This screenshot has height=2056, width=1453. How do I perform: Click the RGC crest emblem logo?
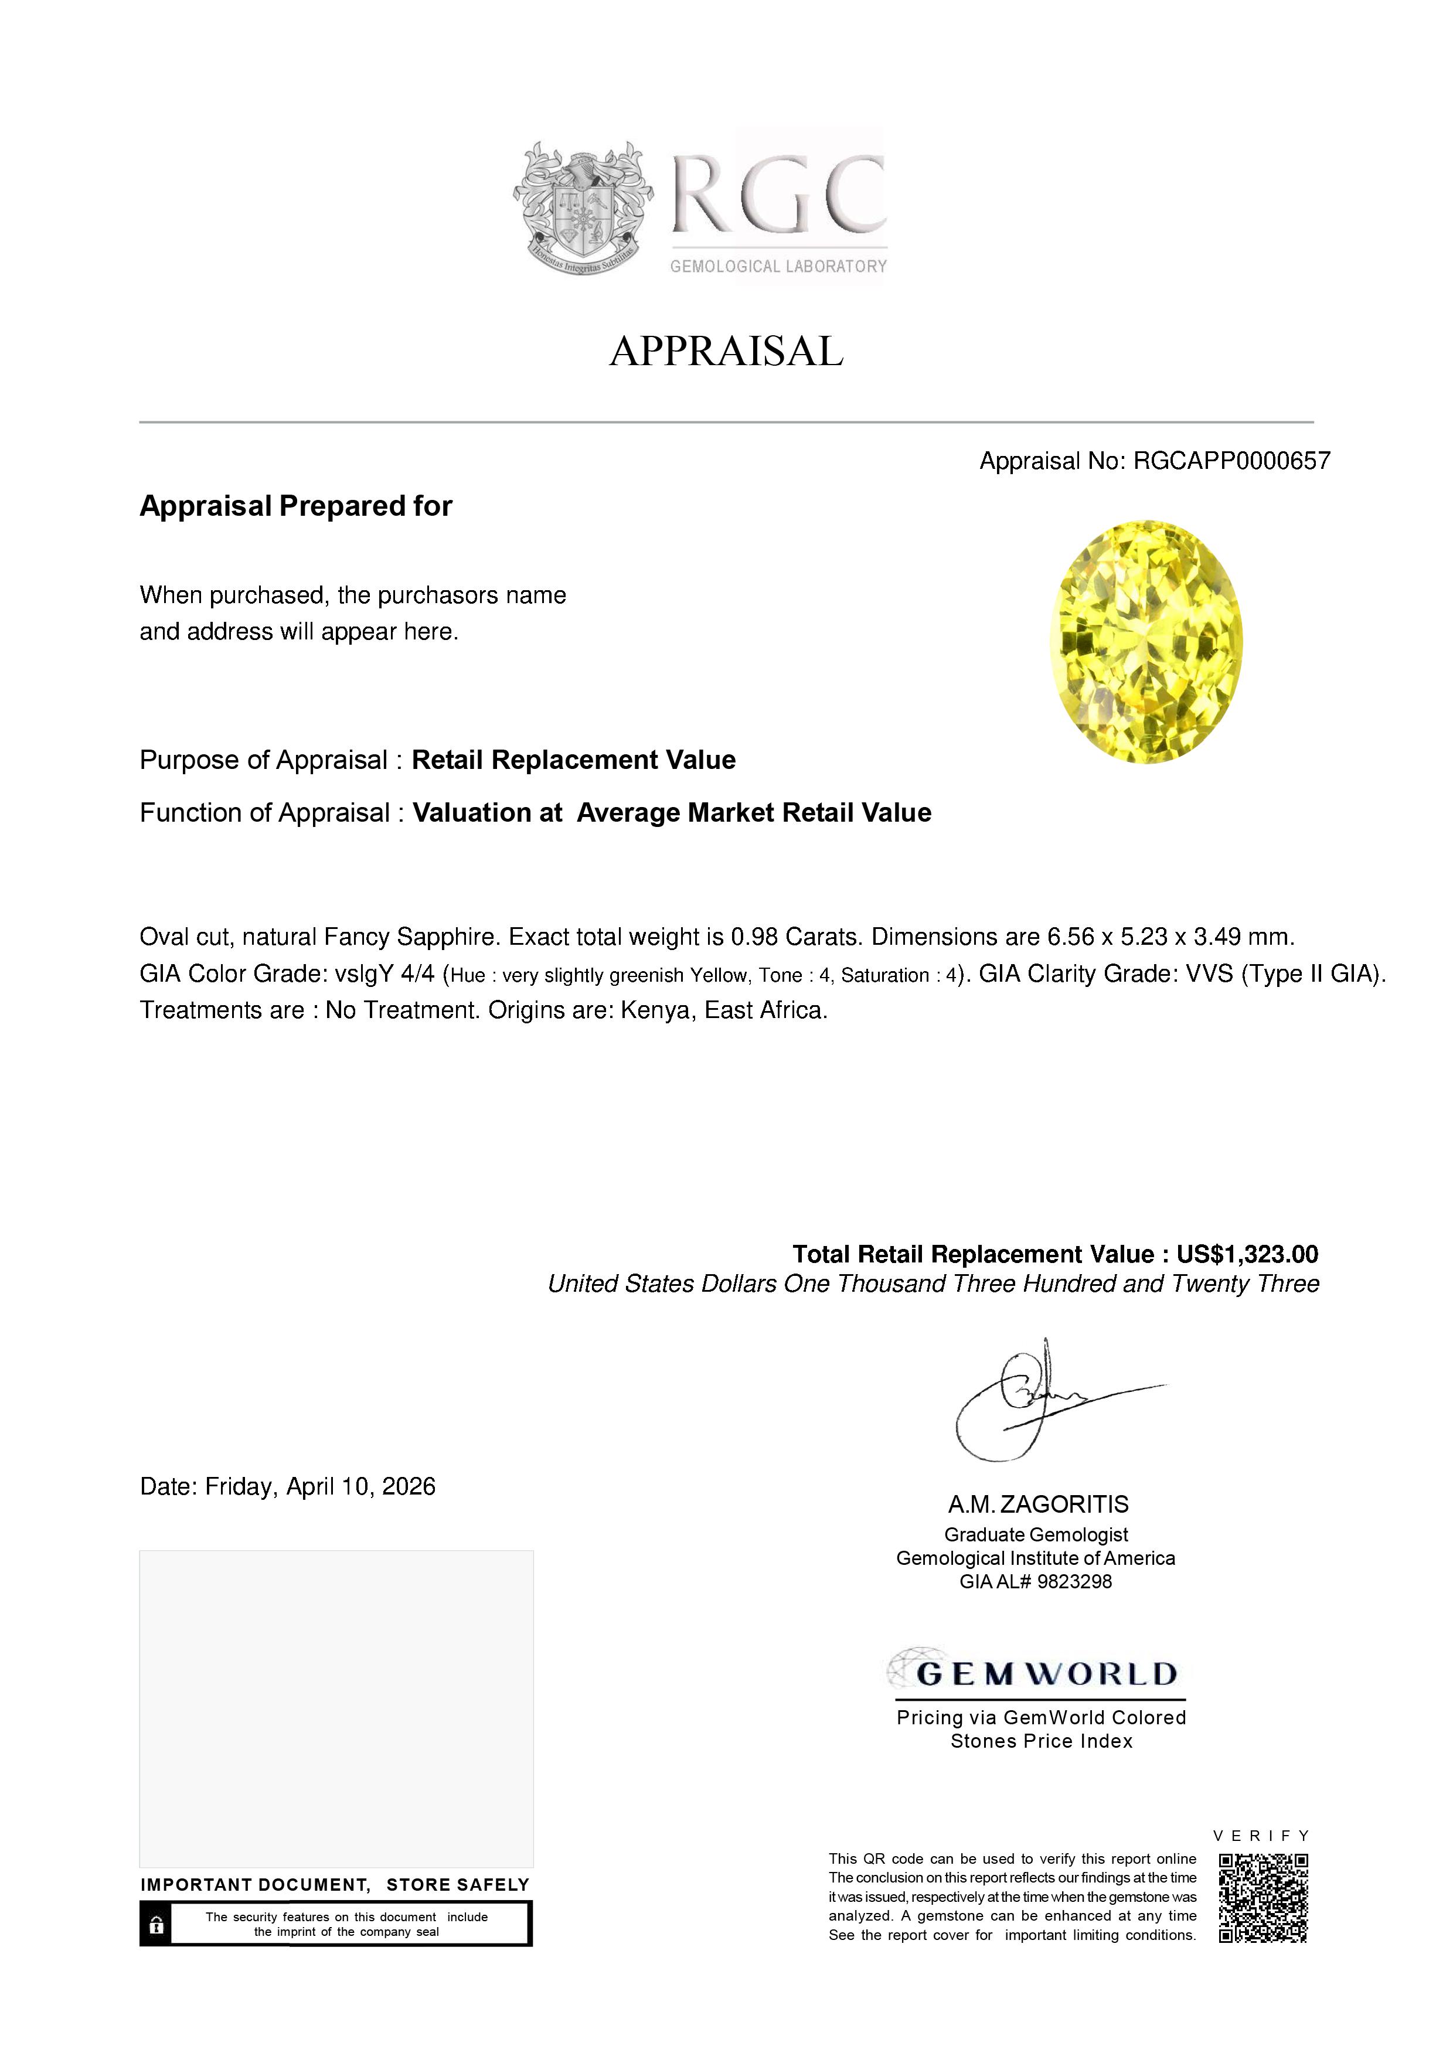582,207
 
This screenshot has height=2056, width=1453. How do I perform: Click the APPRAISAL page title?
726,351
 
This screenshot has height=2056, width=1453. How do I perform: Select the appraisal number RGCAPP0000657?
1232,461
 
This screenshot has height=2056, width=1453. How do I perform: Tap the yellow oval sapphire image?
1146,642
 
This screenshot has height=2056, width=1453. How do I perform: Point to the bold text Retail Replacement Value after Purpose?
573,760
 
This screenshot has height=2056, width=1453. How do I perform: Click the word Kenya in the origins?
652,1011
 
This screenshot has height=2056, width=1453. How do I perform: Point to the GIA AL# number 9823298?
1073,1582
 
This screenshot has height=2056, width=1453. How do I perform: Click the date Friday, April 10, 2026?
321,1487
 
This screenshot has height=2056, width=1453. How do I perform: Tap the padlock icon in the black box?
156,1924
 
